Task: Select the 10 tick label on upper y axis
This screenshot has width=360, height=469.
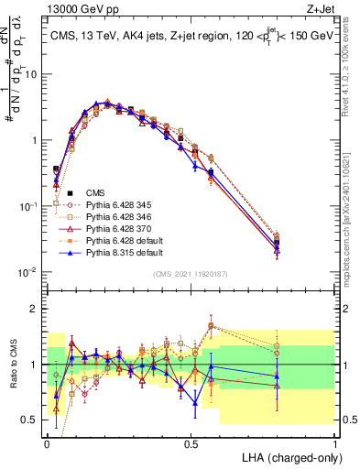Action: tap(29, 74)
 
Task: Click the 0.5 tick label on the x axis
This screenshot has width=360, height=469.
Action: tap(191, 442)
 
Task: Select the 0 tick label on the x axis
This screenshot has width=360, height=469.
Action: tap(47, 442)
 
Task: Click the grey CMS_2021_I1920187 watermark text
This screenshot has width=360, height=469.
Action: tap(191, 272)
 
